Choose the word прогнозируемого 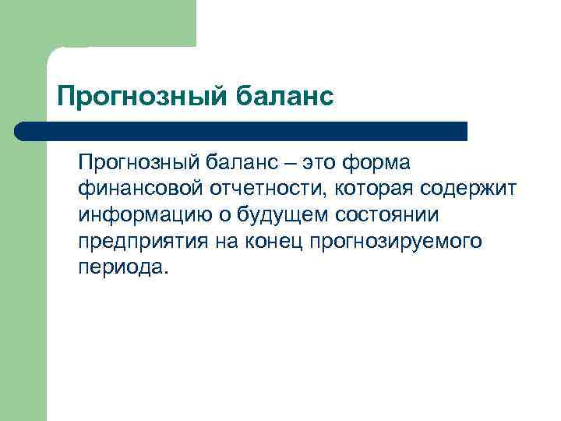(396, 241)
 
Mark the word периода (122, 267)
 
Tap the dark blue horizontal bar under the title (242, 131)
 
